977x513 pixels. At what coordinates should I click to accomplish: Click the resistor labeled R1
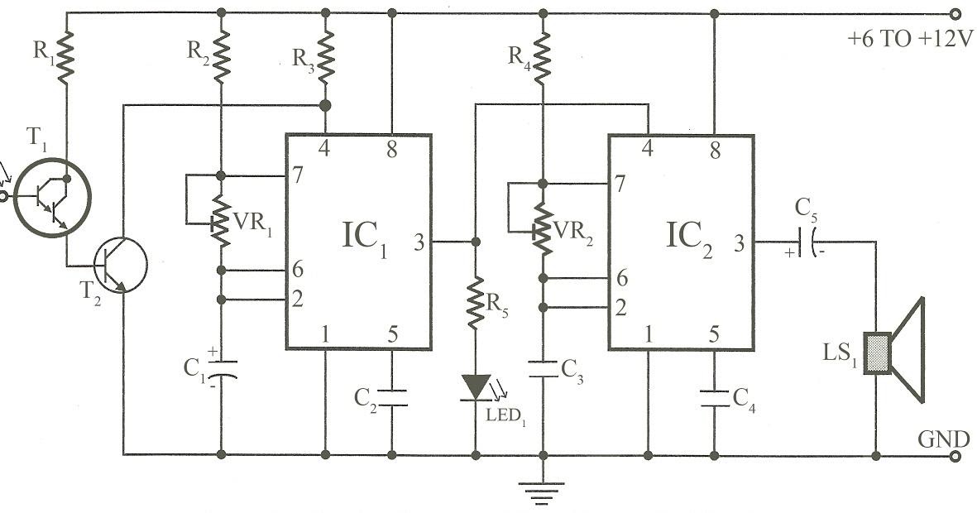click(x=66, y=55)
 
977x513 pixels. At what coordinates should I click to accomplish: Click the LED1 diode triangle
click(x=476, y=386)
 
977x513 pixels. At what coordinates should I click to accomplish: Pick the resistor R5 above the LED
click(x=476, y=304)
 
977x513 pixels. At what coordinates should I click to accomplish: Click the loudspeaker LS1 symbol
click(x=893, y=352)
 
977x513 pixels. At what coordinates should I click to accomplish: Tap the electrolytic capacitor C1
click(x=221, y=368)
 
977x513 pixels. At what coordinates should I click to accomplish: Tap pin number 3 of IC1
click(x=419, y=242)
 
